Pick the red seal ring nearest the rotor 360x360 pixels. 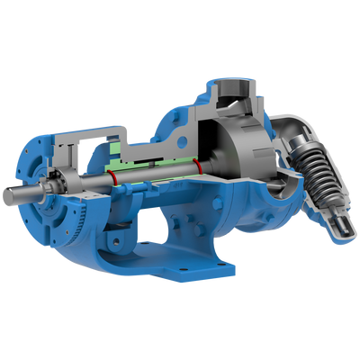(x=197, y=166)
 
